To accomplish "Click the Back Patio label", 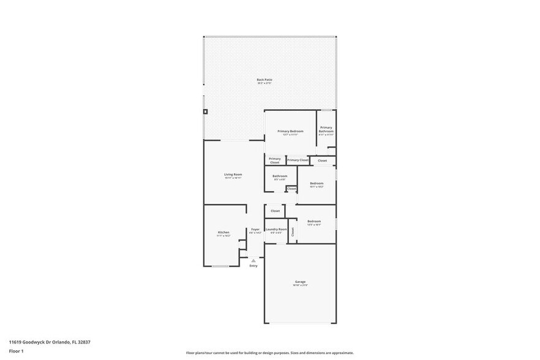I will click(x=264, y=80).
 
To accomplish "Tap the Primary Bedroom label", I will click(x=290, y=132).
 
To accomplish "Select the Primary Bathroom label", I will click(x=326, y=130).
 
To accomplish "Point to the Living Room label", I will click(x=233, y=175).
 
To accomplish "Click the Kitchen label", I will click(x=223, y=233).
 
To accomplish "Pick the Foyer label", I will click(x=255, y=230).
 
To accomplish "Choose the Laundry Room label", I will click(x=276, y=230).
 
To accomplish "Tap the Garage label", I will click(x=300, y=282).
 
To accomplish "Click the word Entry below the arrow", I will click(x=253, y=266).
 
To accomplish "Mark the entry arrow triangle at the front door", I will click(x=253, y=260).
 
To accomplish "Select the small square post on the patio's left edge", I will click(x=206, y=112).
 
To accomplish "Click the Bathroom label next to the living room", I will click(x=280, y=176).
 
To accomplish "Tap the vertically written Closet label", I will click(x=293, y=231).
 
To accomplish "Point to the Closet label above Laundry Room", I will click(x=275, y=211).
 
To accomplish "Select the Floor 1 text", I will click(x=16, y=351).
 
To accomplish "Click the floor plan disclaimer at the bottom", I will click(x=270, y=353).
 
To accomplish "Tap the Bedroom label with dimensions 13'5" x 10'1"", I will click(x=314, y=222).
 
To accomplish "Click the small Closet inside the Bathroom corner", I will click(x=291, y=189).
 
